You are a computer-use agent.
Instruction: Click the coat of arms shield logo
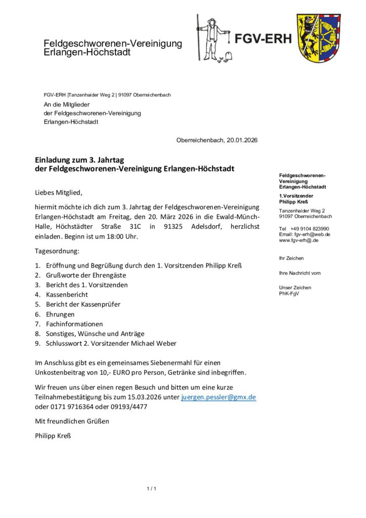[x=318, y=38]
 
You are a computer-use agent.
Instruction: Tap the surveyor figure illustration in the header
[x=213, y=38]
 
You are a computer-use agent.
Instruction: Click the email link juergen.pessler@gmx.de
[x=218, y=397]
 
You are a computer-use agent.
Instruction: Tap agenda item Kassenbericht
[x=67, y=294]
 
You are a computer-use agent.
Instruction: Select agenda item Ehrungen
[x=60, y=314]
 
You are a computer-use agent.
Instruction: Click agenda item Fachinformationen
[x=74, y=324]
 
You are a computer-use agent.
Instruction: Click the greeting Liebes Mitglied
[x=58, y=192]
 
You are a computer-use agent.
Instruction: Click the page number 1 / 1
[x=152, y=489]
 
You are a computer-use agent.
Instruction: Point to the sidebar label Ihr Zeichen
[x=291, y=258]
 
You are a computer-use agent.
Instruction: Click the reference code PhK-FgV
[x=289, y=293]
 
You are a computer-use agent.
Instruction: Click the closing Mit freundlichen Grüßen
[x=71, y=421]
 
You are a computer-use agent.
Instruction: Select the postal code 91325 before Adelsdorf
[x=174, y=227]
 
